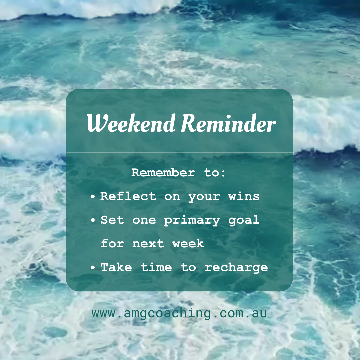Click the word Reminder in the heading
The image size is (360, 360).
[x=229, y=124]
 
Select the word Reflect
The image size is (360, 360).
[x=128, y=196]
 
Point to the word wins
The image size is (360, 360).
[x=244, y=196]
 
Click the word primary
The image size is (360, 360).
[x=192, y=220]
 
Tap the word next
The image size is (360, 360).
[x=148, y=244]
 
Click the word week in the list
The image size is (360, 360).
[x=188, y=244]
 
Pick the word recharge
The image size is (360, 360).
[x=236, y=268]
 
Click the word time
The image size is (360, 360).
[x=156, y=267]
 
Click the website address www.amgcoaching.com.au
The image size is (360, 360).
[x=179, y=314]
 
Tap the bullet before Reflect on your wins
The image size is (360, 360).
[x=93, y=197]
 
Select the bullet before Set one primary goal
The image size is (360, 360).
[x=93, y=221]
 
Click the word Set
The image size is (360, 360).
[x=112, y=220]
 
